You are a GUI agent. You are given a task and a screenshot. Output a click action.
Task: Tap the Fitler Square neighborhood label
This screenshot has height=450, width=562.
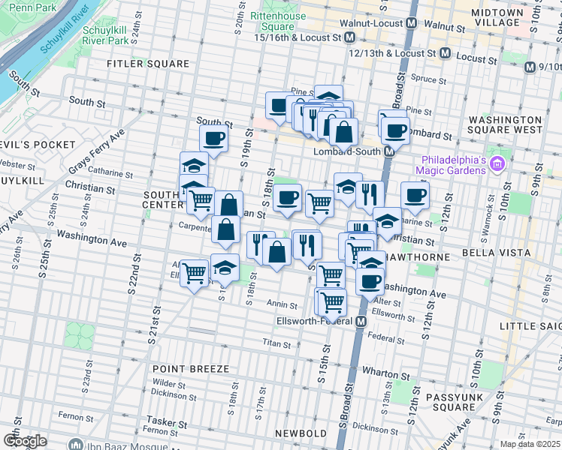coord(148,64)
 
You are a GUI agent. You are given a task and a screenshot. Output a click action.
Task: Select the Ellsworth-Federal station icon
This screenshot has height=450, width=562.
coord(361,322)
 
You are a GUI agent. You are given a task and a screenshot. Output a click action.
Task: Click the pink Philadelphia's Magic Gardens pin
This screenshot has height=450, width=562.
coord(495,163)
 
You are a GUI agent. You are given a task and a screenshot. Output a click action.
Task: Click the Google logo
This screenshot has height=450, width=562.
coord(24,441)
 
